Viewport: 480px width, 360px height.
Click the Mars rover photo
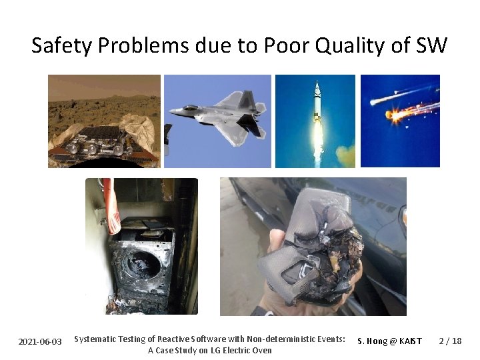click(x=104, y=121)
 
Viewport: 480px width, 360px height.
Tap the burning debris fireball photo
click(x=400, y=121)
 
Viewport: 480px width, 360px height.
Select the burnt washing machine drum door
click(x=143, y=264)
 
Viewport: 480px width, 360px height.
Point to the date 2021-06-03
click(x=40, y=341)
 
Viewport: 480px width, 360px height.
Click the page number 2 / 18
click(x=450, y=341)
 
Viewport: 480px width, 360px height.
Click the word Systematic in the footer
click(x=96, y=339)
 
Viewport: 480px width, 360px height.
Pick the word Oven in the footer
click(x=261, y=351)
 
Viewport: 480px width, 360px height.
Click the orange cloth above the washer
click(x=109, y=207)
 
